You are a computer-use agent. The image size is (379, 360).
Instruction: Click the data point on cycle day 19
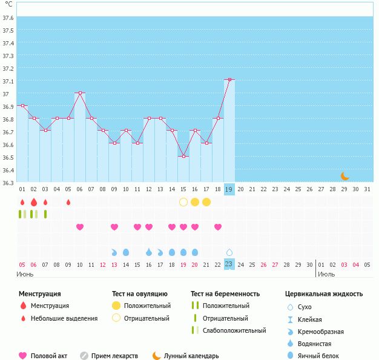(x=229, y=79)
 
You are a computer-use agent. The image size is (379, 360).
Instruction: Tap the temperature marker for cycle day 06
(x=80, y=93)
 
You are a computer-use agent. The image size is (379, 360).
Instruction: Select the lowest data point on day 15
(x=183, y=156)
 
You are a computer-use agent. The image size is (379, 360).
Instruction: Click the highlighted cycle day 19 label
(x=229, y=189)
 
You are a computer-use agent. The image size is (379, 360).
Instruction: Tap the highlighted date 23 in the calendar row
(x=229, y=264)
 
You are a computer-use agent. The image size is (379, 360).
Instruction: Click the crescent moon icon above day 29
(x=344, y=176)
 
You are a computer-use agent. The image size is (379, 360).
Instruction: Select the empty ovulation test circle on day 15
(x=183, y=201)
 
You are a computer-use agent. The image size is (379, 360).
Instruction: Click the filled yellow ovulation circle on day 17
(x=206, y=201)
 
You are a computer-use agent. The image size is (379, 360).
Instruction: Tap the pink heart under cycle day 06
(x=80, y=227)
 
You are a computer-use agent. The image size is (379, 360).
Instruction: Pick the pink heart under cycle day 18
(x=218, y=227)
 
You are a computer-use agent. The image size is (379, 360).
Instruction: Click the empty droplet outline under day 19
(x=229, y=252)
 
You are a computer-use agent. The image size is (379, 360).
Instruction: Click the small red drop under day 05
(x=68, y=202)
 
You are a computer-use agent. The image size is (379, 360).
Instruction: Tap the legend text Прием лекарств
(x=114, y=356)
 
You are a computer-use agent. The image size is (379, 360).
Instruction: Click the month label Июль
(x=326, y=274)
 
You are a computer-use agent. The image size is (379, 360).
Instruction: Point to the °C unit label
(x=8, y=4)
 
